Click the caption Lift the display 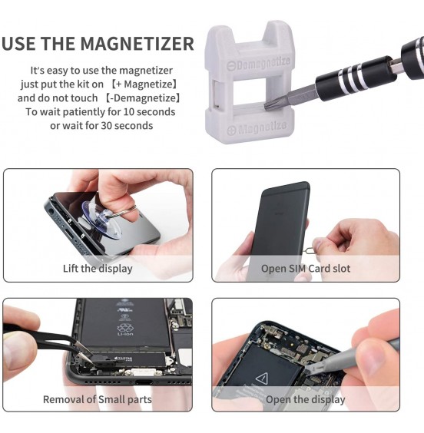click(98, 269)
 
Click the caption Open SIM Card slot click(306, 269)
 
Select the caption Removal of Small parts click(98, 399)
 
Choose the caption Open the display click(306, 399)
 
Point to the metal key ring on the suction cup click(129, 207)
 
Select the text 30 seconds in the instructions click(126, 125)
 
